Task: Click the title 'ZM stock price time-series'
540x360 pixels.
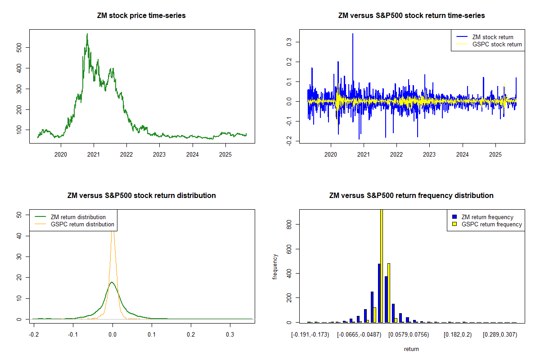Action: [x=141, y=16]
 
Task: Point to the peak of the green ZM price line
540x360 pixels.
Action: [x=87, y=34]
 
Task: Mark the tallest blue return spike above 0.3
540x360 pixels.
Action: [x=353, y=34]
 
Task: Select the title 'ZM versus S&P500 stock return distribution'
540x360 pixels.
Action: [x=141, y=196]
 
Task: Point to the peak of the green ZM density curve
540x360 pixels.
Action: [x=112, y=283]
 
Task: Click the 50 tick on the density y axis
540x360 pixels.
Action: [x=19, y=215]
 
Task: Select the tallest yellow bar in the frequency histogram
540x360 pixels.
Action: [x=382, y=265]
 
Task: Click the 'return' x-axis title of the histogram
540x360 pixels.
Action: [x=411, y=349]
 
